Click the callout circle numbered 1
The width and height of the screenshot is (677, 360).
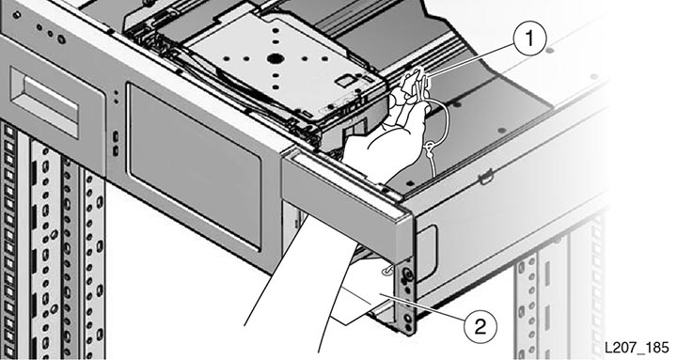click(529, 38)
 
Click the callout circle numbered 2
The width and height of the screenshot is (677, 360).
click(480, 327)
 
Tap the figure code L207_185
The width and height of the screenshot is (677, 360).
click(636, 348)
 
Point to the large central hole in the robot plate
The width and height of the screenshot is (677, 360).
click(274, 57)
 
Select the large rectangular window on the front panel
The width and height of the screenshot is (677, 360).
click(195, 166)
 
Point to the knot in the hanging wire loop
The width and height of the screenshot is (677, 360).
click(429, 151)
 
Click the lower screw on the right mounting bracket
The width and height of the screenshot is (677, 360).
click(407, 319)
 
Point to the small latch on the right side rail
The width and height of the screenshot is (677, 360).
click(487, 176)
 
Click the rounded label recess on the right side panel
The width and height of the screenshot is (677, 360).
click(426, 254)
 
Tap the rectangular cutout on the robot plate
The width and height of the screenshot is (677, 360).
click(345, 81)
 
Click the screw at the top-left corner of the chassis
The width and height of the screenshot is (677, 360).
click(17, 15)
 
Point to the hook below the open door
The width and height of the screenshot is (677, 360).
click(387, 270)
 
